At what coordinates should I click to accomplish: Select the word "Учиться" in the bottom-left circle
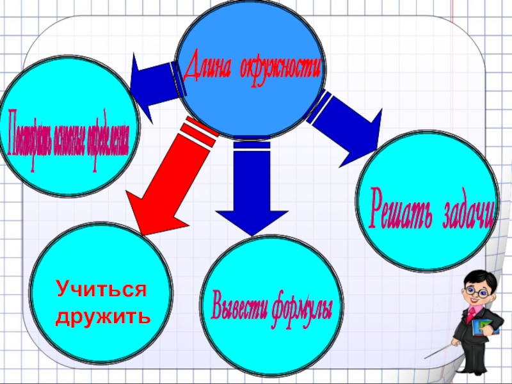coord(101,289)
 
